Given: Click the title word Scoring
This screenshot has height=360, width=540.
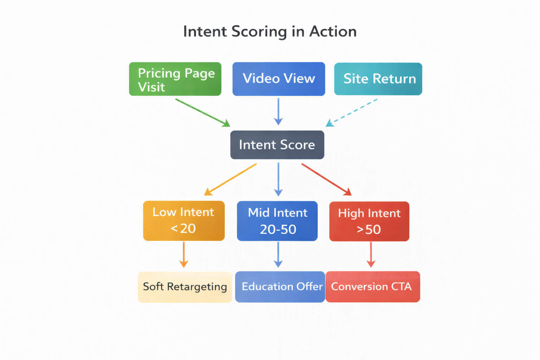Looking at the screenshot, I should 259,32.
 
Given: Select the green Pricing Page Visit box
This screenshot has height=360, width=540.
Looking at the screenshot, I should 175,79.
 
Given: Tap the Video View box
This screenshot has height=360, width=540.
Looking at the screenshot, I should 278,79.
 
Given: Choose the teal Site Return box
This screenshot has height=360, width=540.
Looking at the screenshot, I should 378,79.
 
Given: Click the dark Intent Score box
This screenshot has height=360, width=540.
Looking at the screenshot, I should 277,145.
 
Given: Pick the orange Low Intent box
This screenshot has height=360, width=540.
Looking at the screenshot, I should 184,221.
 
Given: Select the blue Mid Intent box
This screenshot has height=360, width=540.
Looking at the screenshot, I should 277,221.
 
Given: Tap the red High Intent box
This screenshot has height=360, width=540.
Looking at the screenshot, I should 369,221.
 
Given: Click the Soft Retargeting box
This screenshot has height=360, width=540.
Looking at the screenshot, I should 185,287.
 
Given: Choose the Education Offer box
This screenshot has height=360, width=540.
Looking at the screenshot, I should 280,287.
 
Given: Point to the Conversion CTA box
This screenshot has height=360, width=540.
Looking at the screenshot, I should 373,287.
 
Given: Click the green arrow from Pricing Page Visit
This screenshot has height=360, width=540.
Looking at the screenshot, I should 202,112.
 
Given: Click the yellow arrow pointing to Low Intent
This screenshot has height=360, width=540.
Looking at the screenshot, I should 231,179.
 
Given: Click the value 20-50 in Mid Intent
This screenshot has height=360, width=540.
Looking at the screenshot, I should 278,230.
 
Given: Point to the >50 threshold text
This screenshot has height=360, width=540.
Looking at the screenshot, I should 369,230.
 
